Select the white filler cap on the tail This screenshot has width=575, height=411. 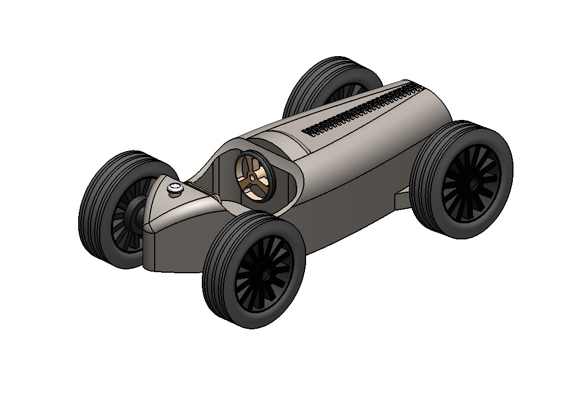[175, 188]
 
